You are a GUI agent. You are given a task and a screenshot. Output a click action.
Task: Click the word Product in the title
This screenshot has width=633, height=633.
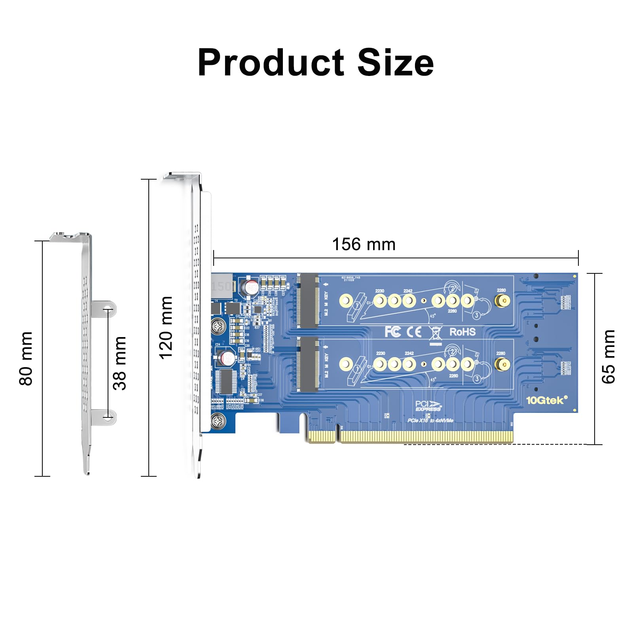(x=271, y=63)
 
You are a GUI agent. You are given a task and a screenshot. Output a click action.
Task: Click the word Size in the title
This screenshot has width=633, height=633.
(x=395, y=63)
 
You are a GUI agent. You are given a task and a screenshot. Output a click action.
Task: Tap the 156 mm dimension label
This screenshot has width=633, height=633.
(x=364, y=244)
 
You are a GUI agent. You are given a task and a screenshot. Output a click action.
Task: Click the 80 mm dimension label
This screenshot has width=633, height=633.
(x=26, y=358)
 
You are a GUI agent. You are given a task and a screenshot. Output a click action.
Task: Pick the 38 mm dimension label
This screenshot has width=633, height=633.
(x=119, y=363)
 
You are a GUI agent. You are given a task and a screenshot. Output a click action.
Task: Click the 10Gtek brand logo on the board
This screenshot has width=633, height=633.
(x=546, y=400)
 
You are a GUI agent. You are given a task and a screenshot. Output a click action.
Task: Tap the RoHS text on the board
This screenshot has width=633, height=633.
(x=462, y=332)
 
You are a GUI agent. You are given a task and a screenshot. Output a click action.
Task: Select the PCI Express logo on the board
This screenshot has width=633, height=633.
(x=428, y=406)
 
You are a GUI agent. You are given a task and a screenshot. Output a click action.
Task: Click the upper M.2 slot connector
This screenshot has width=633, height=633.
(x=308, y=301)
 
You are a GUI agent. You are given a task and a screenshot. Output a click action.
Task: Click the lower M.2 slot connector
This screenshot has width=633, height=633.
(x=308, y=364)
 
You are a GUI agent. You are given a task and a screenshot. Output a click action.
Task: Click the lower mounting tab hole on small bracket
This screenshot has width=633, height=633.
(x=108, y=417)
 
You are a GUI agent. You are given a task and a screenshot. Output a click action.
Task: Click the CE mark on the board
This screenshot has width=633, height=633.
(x=414, y=332)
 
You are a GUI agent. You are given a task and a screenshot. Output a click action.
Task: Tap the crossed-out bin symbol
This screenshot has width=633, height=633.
(x=435, y=333)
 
